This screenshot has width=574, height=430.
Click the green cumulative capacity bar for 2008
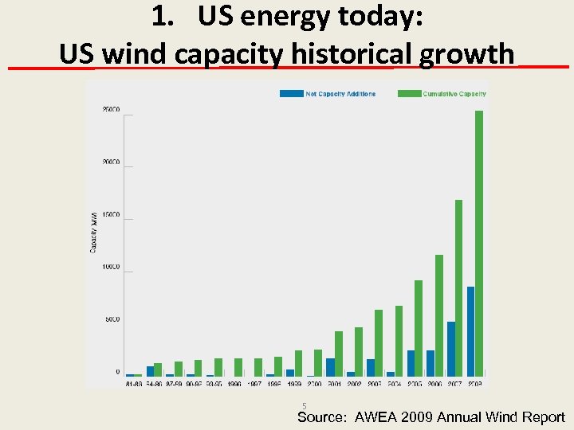coord(478,243)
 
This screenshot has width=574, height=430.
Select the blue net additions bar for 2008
coord(470,331)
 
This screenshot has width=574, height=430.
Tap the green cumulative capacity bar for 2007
coord(458,287)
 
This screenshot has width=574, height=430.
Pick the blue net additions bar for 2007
coord(451,349)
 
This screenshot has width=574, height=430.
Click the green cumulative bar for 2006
coord(438,315)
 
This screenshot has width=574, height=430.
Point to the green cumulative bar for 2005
coord(419,328)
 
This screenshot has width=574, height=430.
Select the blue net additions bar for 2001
coord(330,367)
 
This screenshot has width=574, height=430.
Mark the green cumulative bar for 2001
coord(339,354)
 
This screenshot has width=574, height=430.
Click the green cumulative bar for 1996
coord(238,367)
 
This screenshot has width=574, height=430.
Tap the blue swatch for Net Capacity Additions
coord(291,94)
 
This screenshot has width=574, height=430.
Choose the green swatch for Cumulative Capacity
coord(409,94)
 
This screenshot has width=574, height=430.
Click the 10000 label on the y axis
coord(111,268)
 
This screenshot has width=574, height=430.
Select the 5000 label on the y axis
coord(112,320)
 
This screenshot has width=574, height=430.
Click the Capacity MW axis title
coord(93,232)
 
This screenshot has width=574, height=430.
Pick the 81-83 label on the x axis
coord(135,383)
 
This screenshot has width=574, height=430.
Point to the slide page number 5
coord(304,405)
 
